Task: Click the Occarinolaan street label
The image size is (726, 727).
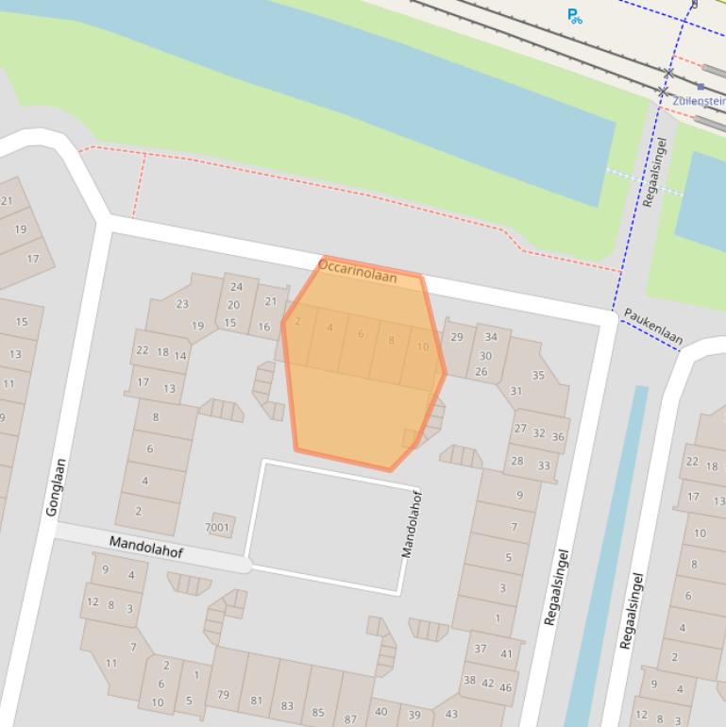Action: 357,271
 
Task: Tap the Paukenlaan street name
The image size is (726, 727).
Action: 652,325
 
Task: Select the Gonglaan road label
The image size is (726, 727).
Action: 57,486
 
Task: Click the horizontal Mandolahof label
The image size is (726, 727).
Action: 146,547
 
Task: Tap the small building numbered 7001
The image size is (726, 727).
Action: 218,527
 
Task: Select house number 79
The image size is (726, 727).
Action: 224,696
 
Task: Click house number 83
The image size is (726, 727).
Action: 287,705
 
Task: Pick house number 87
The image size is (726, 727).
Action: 350,719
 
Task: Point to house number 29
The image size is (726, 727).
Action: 457,337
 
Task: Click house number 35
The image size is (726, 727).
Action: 538,375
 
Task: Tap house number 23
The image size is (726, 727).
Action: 182,304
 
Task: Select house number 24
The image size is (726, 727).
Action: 236,287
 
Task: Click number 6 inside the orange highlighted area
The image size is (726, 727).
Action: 361,334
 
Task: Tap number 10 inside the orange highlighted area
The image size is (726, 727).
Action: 422,347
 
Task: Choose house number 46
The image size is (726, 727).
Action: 505,687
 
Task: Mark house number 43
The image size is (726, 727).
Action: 451,714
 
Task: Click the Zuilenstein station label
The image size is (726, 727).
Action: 700,100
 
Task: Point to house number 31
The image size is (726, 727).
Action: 515,391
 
